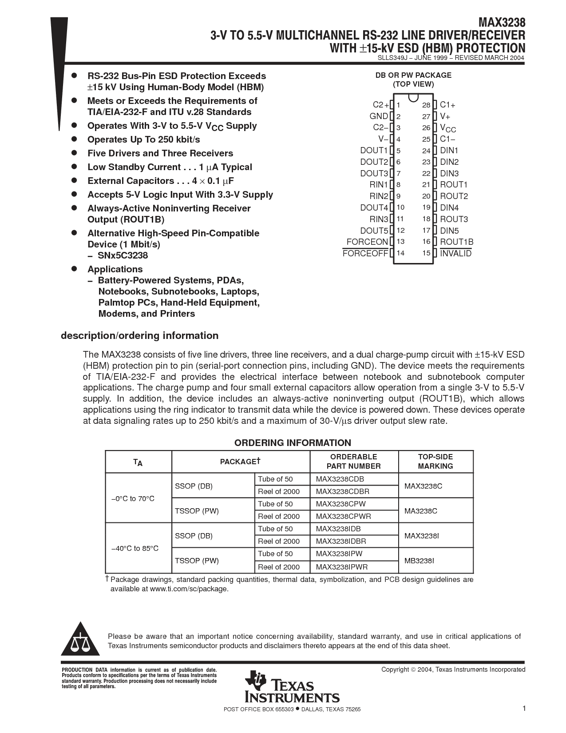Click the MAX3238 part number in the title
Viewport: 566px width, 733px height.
[x=501, y=23]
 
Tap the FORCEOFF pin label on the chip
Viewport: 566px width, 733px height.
[x=365, y=254]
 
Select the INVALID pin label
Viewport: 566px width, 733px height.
[x=455, y=254]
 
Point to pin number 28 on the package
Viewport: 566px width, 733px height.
[x=426, y=105]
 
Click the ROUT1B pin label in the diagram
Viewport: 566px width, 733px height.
[x=456, y=242]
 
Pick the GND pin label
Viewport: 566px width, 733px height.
[x=379, y=116]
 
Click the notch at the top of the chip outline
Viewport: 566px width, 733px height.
[x=413, y=97]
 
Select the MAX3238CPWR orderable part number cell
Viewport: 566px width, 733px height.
[x=343, y=516]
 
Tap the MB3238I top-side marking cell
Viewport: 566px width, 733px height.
[x=419, y=561]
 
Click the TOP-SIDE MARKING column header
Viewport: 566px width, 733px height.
[x=435, y=462]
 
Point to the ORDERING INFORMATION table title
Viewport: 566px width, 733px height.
[x=293, y=443]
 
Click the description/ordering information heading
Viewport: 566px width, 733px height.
[x=139, y=335]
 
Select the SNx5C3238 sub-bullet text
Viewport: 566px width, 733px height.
[x=123, y=255]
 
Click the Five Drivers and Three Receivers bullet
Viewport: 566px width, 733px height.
[x=160, y=153]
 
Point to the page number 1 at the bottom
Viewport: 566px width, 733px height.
[x=524, y=709]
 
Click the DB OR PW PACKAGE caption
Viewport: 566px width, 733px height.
[x=413, y=76]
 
